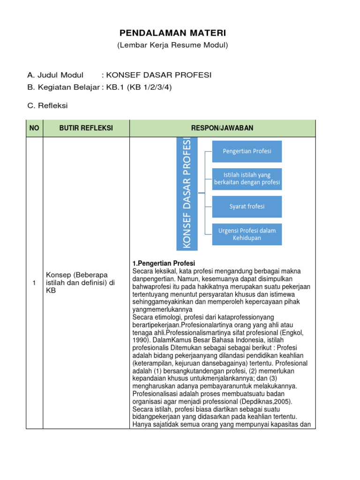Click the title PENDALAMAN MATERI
[x=172, y=33]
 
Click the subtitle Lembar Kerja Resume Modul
[x=172, y=45]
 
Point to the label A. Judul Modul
[x=55, y=75]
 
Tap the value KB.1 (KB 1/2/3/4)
[x=138, y=87]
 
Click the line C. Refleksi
[x=48, y=105]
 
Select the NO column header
[x=35, y=128]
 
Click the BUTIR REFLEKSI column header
[x=86, y=128]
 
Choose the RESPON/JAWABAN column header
[x=222, y=128]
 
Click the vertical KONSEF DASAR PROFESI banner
[x=187, y=193]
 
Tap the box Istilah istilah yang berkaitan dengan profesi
[x=247, y=179]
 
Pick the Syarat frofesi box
[x=247, y=207]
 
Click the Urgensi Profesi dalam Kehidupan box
[x=247, y=234]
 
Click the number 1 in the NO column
[x=34, y=283]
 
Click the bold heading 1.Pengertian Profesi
[x=164, y=263]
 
